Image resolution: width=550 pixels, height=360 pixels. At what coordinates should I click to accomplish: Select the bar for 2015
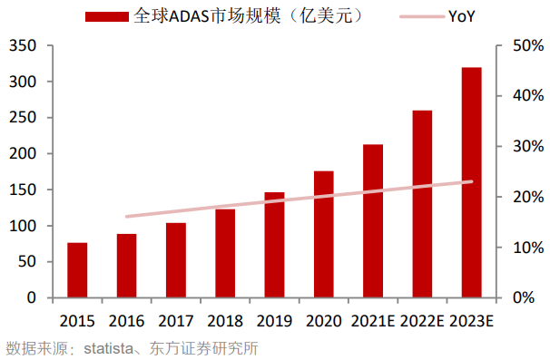77,270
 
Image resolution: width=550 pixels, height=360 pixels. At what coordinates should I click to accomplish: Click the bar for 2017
175,260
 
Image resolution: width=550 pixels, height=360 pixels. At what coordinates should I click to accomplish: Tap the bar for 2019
274,245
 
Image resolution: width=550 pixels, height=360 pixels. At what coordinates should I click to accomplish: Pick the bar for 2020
323,234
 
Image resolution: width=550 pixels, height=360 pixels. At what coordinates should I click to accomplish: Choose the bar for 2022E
422,204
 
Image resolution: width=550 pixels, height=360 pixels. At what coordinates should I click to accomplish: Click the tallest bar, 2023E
471,182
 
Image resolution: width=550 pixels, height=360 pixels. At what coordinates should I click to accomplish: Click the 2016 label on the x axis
126,320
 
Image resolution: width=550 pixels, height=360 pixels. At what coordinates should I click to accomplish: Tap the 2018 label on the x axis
224,320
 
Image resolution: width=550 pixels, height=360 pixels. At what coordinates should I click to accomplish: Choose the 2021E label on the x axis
372,320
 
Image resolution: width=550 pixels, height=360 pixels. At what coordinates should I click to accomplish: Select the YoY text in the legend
461,16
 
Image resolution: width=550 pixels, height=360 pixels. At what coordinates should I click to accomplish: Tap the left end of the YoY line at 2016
126,216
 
